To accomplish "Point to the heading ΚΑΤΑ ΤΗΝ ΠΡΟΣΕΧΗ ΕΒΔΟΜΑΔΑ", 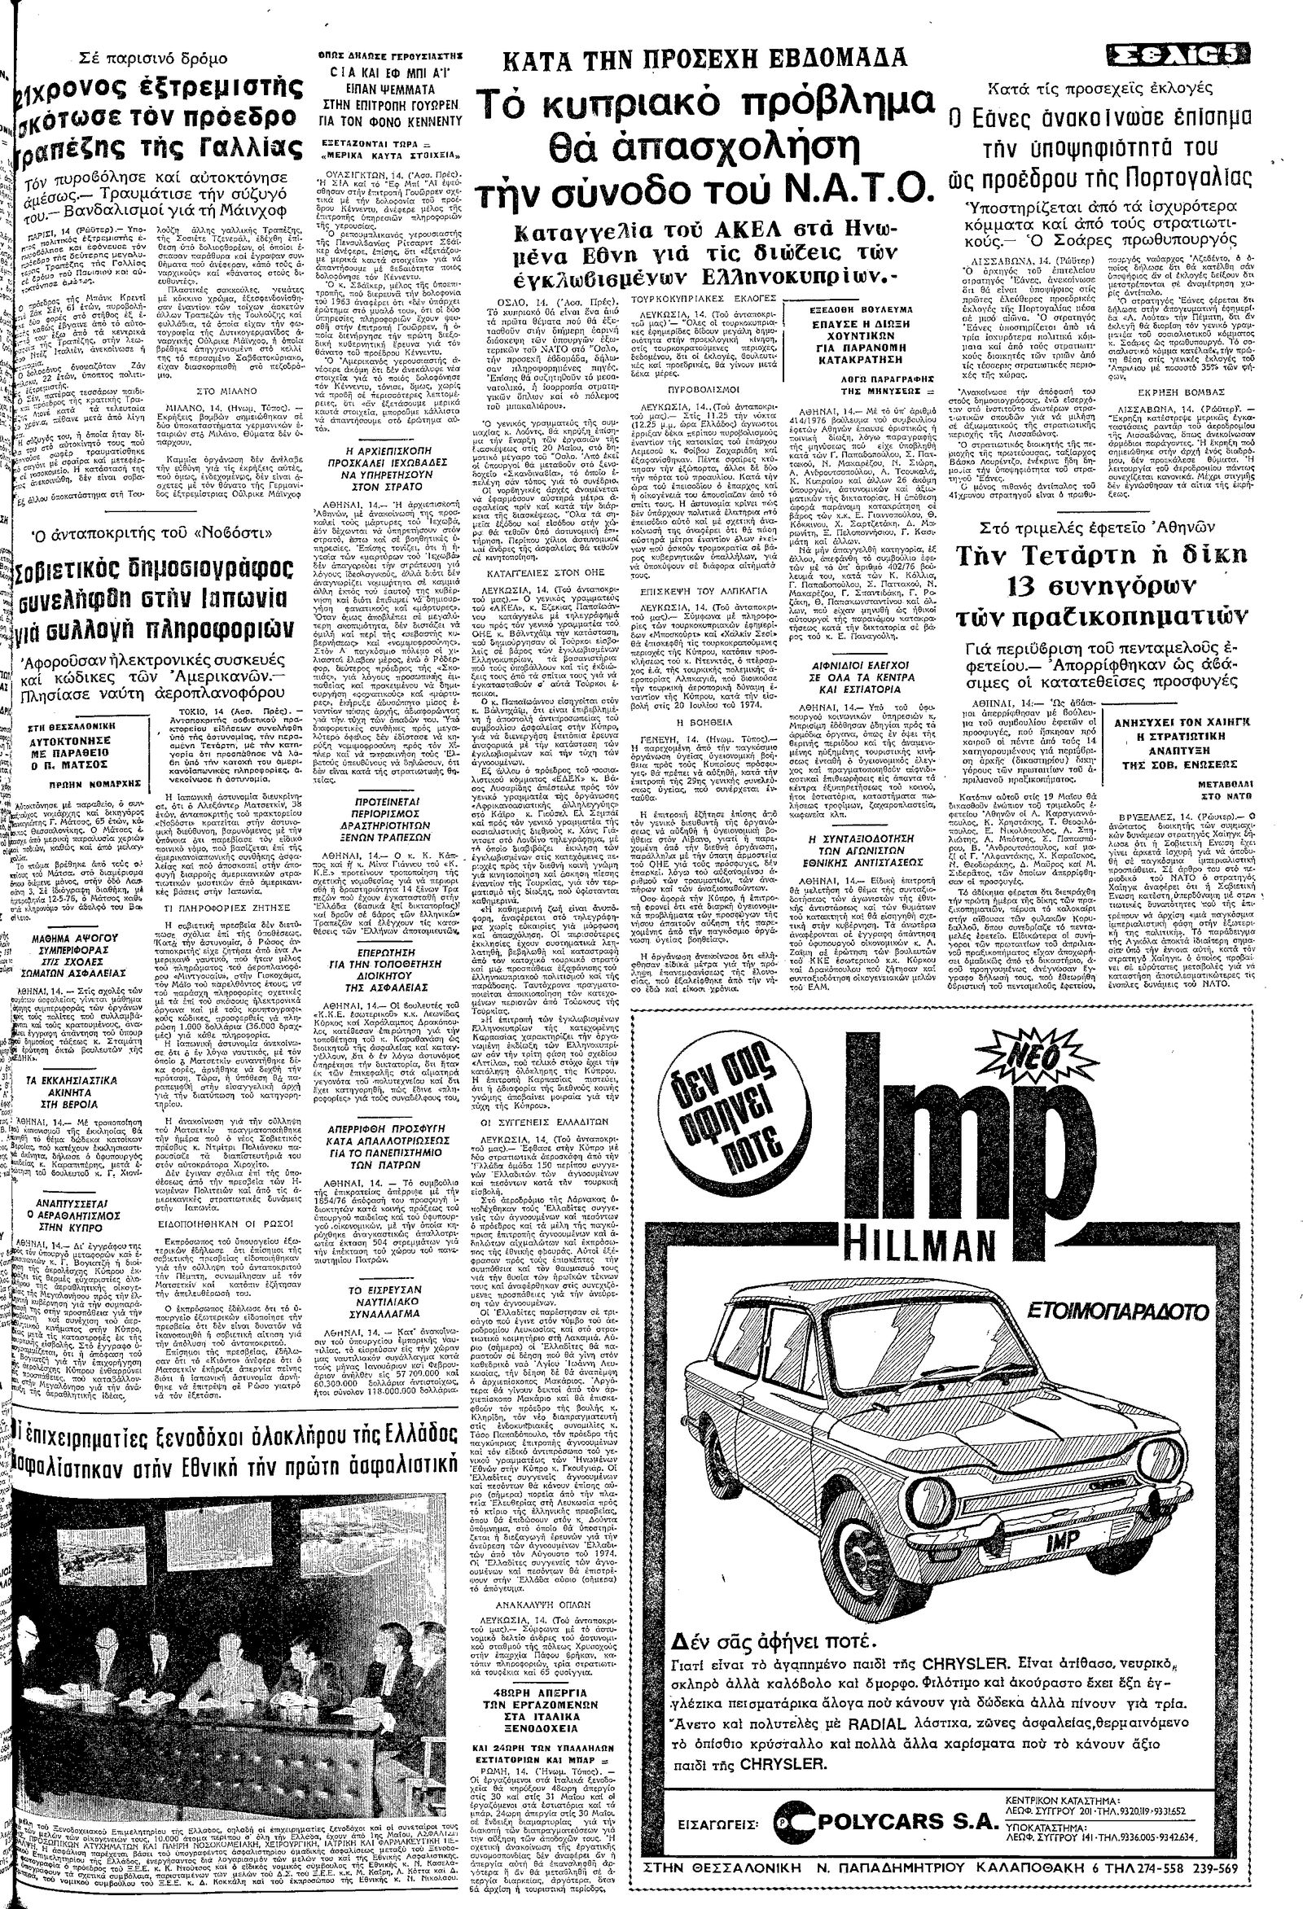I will click(706, 59).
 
